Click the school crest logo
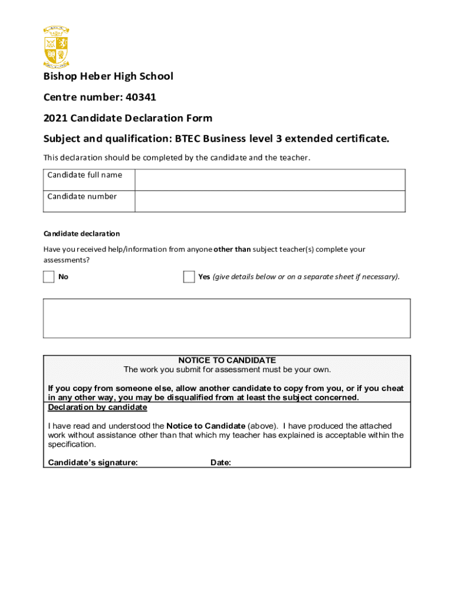(57, 47)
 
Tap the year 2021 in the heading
(55, 118)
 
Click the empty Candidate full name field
(269, 179)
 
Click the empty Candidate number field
(269, 201)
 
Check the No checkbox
(49, 277)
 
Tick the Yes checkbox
(189, 277)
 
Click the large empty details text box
(227, 318)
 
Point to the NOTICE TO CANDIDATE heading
(227, 360)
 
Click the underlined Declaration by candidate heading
(97, 408)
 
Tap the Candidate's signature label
(93, 462)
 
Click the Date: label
(221, 462)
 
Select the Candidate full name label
(85, 175)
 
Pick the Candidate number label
(82, 196)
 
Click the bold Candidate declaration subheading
(81, 234)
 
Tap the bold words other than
(232, 250)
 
